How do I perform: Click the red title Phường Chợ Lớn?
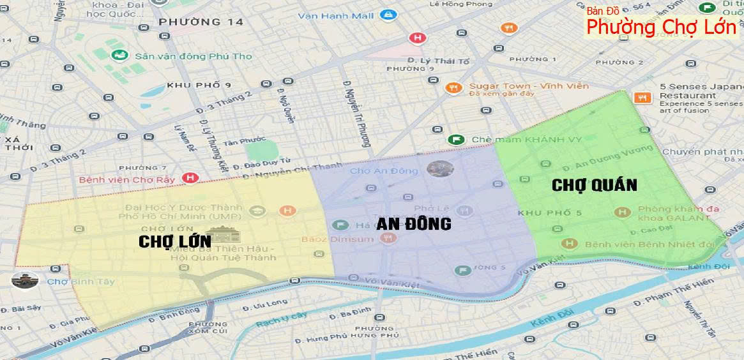(661, 28)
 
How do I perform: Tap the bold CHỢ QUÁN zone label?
(594, 185)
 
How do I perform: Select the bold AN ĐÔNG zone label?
(413, 224)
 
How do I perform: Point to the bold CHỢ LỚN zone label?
(174, 241)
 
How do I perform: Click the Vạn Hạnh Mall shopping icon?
(388, 14)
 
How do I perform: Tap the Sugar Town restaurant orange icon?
(453, 88)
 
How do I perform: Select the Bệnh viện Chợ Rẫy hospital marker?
(189, 178)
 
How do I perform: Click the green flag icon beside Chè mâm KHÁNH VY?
(455, 139)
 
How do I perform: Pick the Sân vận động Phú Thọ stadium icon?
(119, 56)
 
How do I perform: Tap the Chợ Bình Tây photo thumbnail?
(25, 280)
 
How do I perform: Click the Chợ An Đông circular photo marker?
(440, 169)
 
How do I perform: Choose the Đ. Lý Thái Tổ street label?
(438, 61)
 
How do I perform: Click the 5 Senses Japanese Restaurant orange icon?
(642, 98)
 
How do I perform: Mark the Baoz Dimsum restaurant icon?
(386, 239)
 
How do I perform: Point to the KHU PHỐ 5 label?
(550, 213)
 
